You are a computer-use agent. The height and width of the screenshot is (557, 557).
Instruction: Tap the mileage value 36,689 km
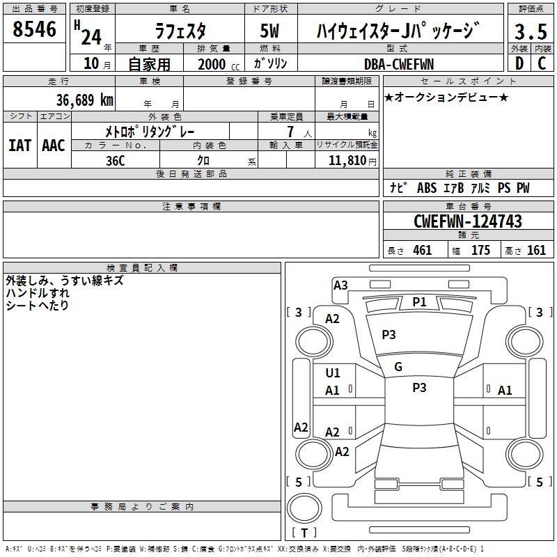84,100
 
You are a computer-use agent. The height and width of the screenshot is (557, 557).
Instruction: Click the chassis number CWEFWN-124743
467,221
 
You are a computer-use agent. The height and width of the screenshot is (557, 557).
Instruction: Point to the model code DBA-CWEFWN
399,64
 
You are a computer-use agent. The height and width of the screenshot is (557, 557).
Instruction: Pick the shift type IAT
19,146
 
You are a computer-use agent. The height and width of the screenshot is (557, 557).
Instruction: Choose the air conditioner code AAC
54,146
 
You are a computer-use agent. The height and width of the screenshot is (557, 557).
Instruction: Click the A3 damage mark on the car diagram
340,285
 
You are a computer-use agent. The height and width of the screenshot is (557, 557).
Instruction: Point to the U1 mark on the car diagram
333,373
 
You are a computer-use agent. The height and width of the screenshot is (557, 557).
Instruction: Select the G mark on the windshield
398,366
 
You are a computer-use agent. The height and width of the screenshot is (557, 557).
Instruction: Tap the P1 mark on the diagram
419,301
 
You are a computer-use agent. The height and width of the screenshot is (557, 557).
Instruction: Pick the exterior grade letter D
519,64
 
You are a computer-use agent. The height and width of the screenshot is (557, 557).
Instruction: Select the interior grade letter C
542,64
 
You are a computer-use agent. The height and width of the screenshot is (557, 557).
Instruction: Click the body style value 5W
271,31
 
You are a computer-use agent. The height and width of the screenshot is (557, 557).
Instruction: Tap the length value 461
422,251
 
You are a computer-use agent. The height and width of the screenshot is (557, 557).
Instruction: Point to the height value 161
536,251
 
